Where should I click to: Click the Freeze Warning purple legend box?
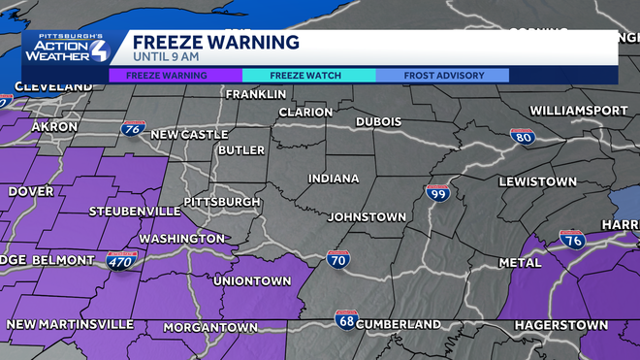(x=175, y=75)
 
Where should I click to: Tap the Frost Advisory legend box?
(x=442, y=75)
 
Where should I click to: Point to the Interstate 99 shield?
(x=437, y=193)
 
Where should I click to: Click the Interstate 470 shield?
(x=122, y=259)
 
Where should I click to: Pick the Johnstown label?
(x=365, y=216)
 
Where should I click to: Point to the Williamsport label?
(x=579, y=111)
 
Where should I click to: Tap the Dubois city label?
(x=378, y=121)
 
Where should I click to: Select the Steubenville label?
(x=134, y=211)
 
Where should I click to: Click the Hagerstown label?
(x=561, y=324)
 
